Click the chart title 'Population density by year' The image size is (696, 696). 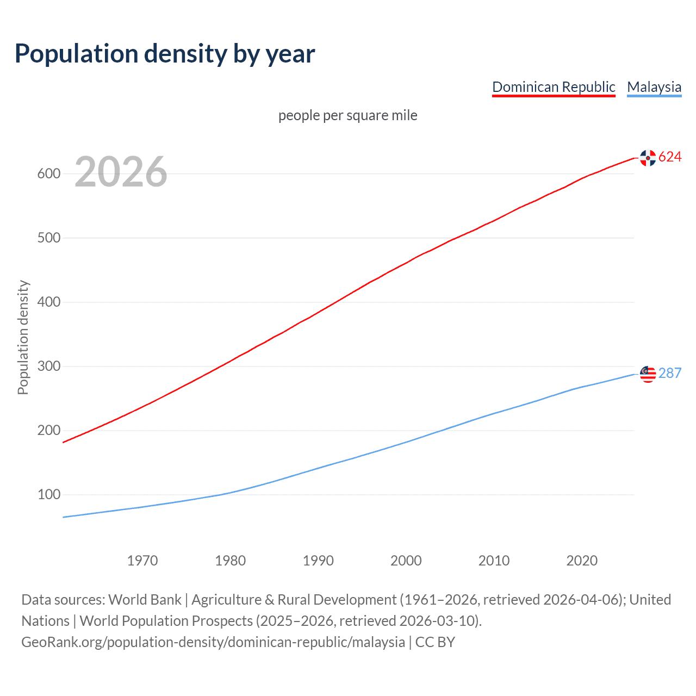pos(165,54)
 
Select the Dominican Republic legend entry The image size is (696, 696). pos(554,87)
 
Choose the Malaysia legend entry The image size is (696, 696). pos(654,87)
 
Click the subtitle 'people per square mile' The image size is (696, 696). pos(348,115)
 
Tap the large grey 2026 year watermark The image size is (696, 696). pos(121,172)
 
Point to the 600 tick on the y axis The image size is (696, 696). pos(48,174)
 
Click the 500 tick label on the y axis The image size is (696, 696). pos(48,238)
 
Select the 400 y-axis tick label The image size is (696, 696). pos(48,302)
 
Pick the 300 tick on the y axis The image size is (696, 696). pos(48,366)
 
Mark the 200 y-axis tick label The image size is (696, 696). pos(48,431)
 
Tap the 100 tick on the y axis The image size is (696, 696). pos(48,495)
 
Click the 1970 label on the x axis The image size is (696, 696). pos(142,561)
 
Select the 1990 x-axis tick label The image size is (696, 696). pos(318,561)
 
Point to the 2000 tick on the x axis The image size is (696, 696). pos(406,561)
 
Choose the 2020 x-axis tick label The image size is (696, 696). pos(582,561)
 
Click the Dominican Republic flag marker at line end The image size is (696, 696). pos(648,158)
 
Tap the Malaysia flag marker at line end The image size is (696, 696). pos(648,374)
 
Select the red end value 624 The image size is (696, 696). pos(670,157)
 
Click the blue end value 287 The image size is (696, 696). pos(670,374)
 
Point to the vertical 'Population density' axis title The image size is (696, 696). pos(23,337)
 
